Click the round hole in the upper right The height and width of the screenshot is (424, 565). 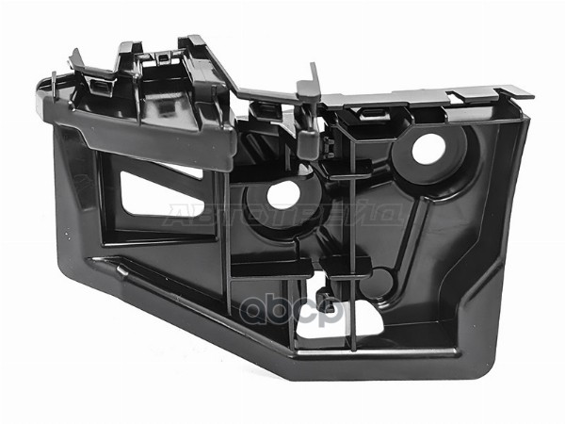(x=430, y=145)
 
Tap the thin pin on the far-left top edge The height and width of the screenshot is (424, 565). (x=55, y=81)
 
